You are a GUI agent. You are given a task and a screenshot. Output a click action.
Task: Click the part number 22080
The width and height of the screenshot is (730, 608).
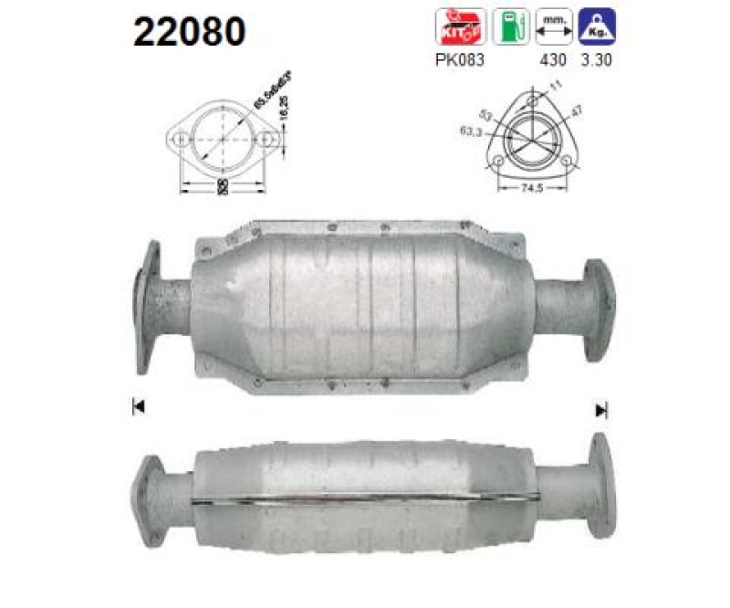coord(190,32)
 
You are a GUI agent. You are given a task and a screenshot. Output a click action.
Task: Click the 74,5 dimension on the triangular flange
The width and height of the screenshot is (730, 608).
coord(533,189)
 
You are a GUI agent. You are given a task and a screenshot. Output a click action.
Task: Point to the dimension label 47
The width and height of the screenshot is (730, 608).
coord(577,111)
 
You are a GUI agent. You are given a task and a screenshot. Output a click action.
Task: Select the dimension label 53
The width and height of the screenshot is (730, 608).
coord(485,116)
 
